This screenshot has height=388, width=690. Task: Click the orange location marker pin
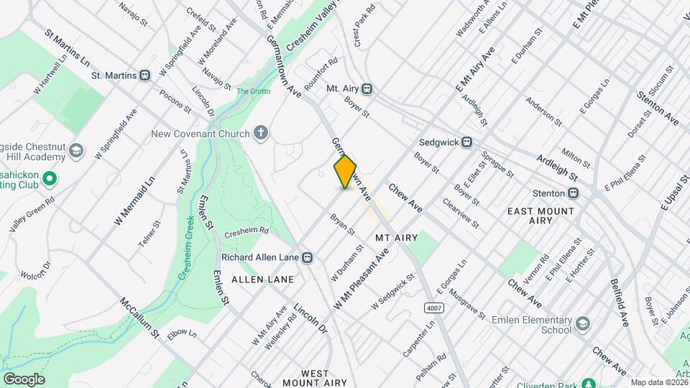click(x=345, y=172)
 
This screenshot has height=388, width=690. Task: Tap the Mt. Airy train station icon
click(x=367, y=88)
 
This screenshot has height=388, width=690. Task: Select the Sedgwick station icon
click(x=468, y=142)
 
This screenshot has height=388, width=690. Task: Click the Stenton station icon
click(x=573, y=193)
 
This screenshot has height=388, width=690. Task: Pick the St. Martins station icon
click(x=145, y=75)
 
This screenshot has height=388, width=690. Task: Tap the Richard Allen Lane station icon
click(x=307, y=257)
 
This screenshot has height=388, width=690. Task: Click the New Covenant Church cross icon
click(x=260, y=133)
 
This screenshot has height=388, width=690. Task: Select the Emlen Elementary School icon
click(x=582, y=324)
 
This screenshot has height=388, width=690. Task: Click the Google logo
click(x=24, y=379)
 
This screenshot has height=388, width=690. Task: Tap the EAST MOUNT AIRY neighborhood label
click(x=540, y=216)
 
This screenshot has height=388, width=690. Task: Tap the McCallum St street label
click(x=139, y=318)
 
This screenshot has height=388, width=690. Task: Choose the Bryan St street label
click(x=342, y=224)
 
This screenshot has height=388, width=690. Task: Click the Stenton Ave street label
click(x=658, y=107)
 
